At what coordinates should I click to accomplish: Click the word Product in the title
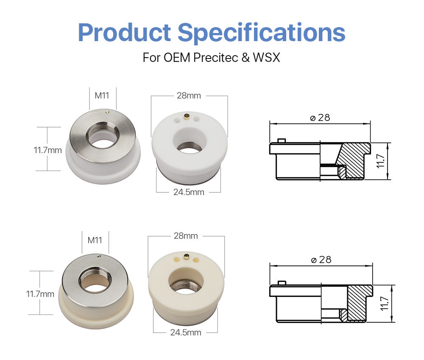124,32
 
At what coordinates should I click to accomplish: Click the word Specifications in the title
261,32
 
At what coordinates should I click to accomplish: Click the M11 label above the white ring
102,95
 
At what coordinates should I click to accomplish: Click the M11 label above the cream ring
95,240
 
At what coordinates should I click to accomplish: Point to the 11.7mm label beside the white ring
48,150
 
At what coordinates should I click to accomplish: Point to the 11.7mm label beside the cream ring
40,293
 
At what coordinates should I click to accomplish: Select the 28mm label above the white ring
189,95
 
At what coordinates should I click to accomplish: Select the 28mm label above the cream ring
186,235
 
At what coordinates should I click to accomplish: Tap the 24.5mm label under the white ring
189,192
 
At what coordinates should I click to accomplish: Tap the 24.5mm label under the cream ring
186,332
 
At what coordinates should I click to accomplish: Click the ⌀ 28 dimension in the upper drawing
320,117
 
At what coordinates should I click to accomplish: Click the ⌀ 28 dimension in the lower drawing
321,260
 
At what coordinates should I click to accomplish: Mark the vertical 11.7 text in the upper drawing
380,161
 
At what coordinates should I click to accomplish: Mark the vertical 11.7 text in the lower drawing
383,304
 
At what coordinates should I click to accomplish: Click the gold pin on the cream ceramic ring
186,256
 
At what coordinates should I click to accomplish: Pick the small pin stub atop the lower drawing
281,282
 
